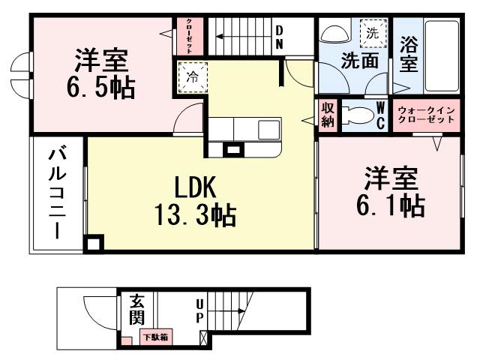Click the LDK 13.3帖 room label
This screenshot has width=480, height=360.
point(196,201)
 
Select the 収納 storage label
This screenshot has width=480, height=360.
point(328,116)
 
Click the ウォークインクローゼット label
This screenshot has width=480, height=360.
point(425,115)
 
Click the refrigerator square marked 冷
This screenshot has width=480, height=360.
point(191,76)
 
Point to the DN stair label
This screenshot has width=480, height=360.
point(278,37)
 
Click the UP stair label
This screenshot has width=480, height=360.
point(200,311)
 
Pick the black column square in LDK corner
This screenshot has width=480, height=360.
point(93,244)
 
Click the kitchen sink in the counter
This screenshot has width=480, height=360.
point(268,129)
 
